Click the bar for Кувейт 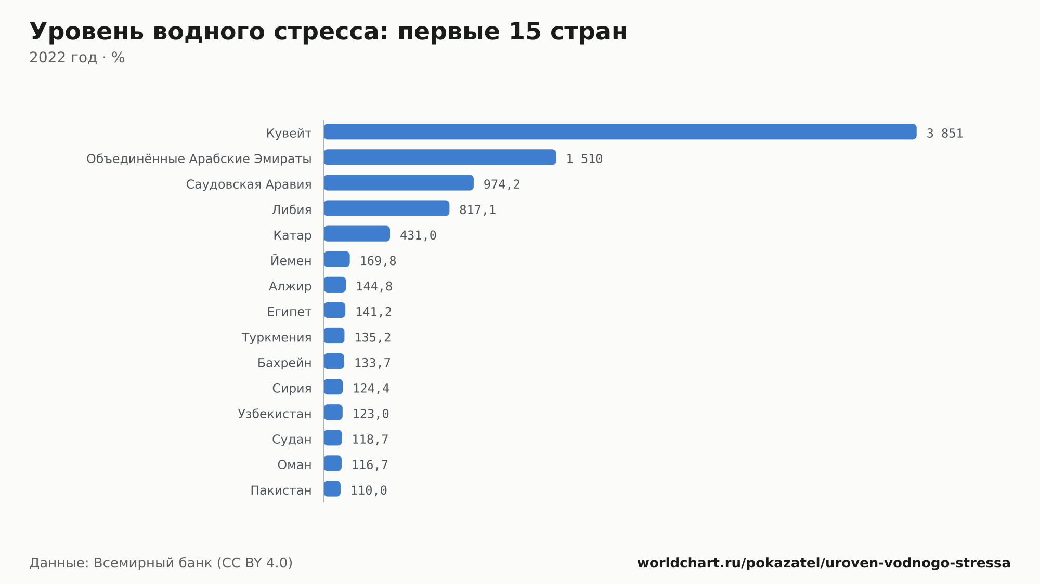620,131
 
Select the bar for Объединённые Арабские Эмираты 440,157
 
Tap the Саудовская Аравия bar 399,182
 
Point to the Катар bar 357,233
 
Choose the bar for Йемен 337,259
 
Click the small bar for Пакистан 332,488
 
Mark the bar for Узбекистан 333,412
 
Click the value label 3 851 945,134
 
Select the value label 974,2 502,184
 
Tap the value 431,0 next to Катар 418,235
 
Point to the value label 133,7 372,363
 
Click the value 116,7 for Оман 370,464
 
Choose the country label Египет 289,312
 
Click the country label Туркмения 277,337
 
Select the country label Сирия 292,388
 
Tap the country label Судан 292,439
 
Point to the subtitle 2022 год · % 77,57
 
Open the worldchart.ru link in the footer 824,563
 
